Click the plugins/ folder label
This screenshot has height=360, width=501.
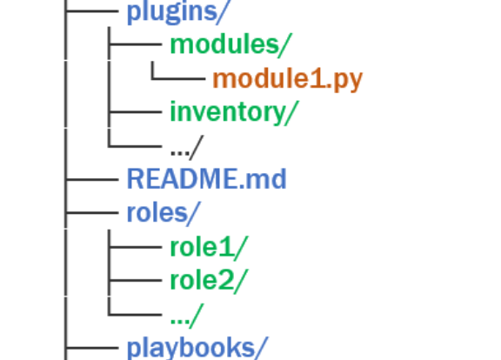[x=177, y=12]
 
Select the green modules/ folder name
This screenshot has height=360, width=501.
[x=230, y=44]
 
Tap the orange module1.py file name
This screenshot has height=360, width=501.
[x=288, y=79]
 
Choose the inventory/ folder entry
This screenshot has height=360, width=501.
[x=234, y=112]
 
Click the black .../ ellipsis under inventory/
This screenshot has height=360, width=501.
[x=187, y=148]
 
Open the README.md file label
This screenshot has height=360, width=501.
[x=207, y=179]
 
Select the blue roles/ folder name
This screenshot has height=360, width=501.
[x=164, y=213]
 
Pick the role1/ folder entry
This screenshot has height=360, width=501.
[x=209, y=248]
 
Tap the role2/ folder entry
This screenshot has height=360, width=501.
[x=209, y=281]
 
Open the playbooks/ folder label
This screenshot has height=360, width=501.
[x=197, y=348]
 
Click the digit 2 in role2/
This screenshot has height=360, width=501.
[x=225, y=281]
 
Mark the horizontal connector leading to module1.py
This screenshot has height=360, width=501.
[x=178, y=78]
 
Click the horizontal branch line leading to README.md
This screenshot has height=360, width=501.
[x=91, y=180]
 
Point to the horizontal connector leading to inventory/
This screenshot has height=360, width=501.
[x=136, y=112]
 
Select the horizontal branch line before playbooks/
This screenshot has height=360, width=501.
[x=91, y=348]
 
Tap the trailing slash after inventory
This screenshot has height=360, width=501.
[x=291, y=113]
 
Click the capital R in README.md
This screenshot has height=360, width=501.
[x=135, y=179]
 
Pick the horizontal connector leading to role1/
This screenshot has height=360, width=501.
[x=136, y=247]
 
